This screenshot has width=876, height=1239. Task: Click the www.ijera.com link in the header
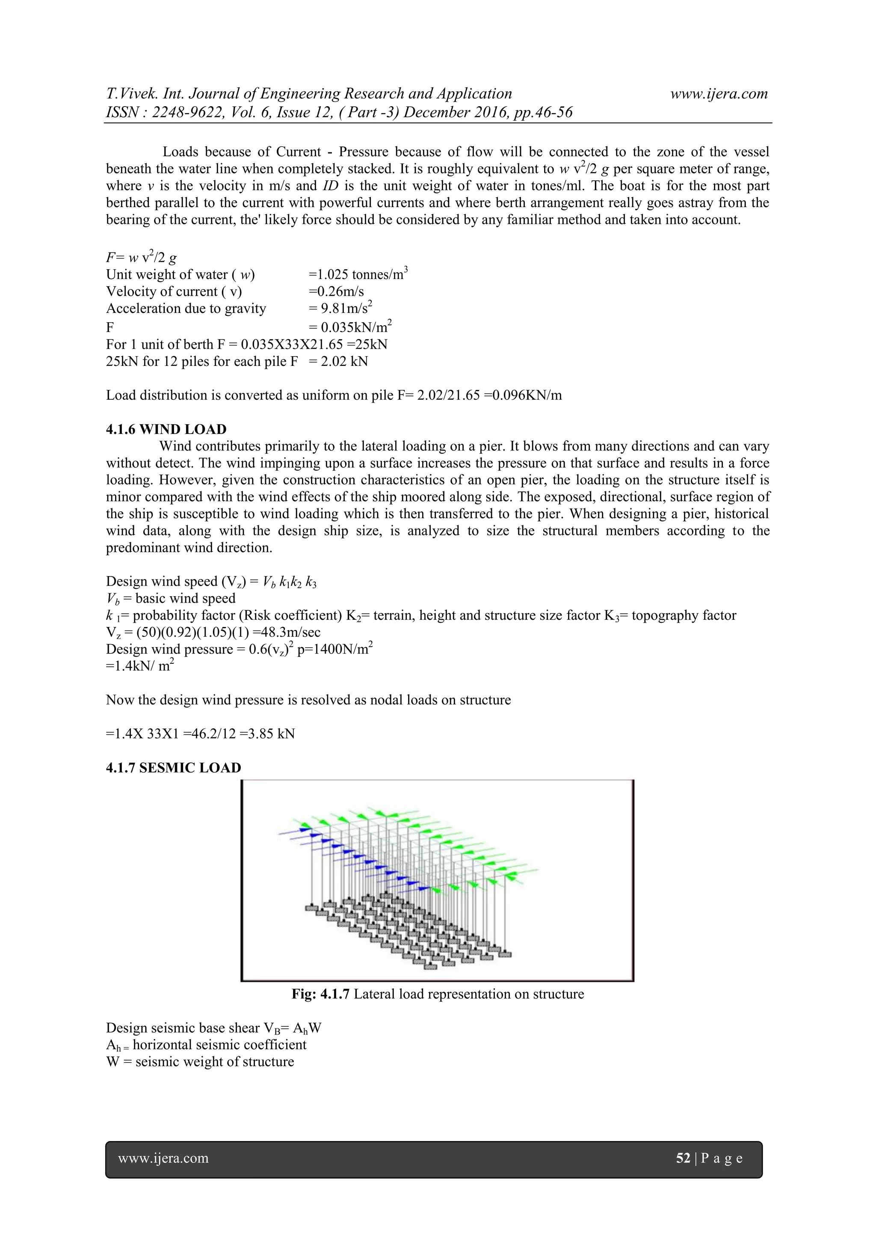(x=719, y=93)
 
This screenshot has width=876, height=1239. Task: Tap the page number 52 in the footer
(x=683, y=1158)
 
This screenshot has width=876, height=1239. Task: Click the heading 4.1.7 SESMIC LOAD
(x=174, y=768)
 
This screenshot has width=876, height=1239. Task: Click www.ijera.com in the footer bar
(x=163, y=1158)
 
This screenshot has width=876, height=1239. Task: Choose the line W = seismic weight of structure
(x=200, y=1061)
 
